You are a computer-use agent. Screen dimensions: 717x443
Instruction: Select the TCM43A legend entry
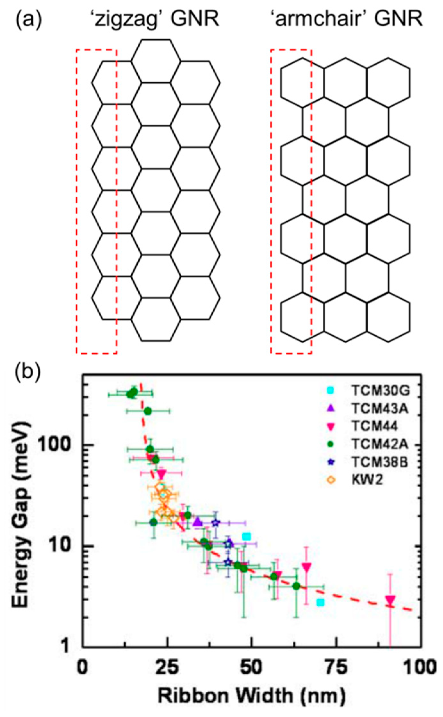click(380, 408)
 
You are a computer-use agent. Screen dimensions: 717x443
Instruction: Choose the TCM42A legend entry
click(380, 444)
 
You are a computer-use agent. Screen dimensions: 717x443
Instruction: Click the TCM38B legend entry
click(380, 462)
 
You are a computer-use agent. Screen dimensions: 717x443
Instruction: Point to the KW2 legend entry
click(367, 480)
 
